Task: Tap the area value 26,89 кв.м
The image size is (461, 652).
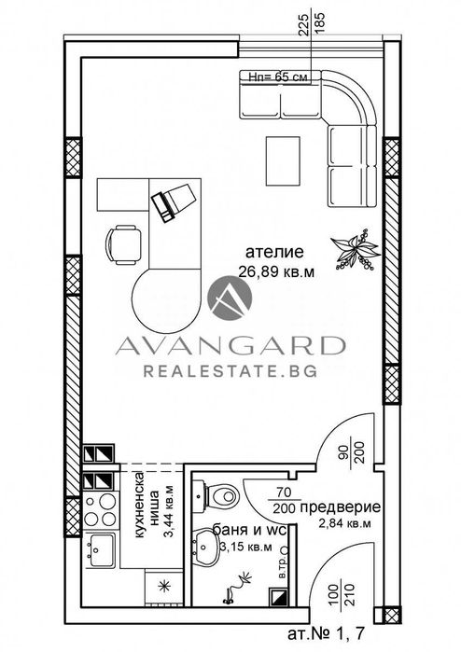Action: (277, 272)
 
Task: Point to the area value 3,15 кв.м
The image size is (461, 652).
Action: (244, 547)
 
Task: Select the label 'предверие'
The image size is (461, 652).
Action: (346, 507)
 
